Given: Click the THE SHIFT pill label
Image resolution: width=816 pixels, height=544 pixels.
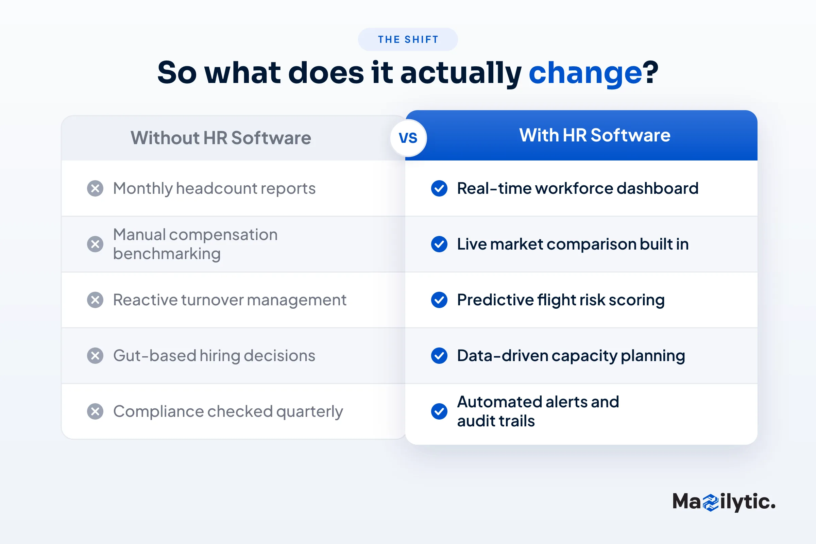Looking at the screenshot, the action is (x=408, y=39).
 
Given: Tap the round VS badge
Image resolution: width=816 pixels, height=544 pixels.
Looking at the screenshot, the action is (x=408, y=138).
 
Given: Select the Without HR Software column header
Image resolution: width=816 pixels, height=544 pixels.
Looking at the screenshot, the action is (x=221, y=138).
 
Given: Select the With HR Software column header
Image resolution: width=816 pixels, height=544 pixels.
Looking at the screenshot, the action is (x=595, y=135).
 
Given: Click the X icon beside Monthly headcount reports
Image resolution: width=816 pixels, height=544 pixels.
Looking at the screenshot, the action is (x=95, y=188).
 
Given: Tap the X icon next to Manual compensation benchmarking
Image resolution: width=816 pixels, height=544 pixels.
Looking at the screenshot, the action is (x=95, y=244).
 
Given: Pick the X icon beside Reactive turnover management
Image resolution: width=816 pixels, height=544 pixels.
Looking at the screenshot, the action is (x=95, y=300).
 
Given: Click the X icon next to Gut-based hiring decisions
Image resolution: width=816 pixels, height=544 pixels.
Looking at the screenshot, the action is (x=95, y=356).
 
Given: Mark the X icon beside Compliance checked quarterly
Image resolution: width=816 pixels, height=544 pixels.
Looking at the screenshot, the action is (x=95, y=411).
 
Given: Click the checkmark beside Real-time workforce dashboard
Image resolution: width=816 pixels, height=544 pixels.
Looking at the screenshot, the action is (x=439, y=188).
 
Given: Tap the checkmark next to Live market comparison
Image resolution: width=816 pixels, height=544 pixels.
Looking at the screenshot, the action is (x=439, y=244).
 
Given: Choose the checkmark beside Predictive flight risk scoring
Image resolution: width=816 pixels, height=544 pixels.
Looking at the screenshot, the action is (x=439, y=300).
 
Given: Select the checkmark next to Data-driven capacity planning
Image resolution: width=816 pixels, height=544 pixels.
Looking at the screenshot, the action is (x=439, y=356).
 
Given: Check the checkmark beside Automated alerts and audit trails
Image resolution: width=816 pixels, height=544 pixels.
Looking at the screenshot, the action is (x=439, y=411).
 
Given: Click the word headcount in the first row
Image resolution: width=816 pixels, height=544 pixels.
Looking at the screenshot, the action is (x=216, y=188).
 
